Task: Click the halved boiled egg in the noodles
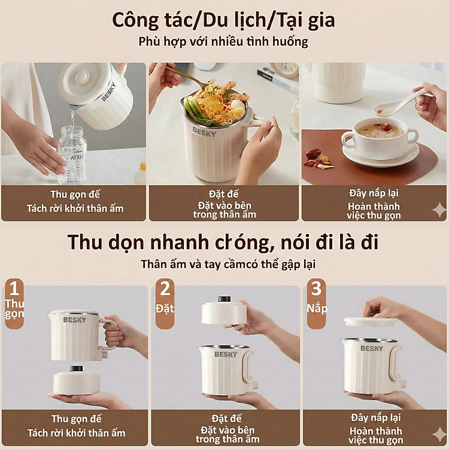[239, 109]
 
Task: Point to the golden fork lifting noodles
[186, 77]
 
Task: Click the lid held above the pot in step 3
[371, 321]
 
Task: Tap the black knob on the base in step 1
[76, 368]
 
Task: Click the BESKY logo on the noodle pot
[204, 132]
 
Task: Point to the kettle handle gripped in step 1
[108, 335]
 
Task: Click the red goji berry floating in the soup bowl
[386, 126]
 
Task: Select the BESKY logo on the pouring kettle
[108, 92]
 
